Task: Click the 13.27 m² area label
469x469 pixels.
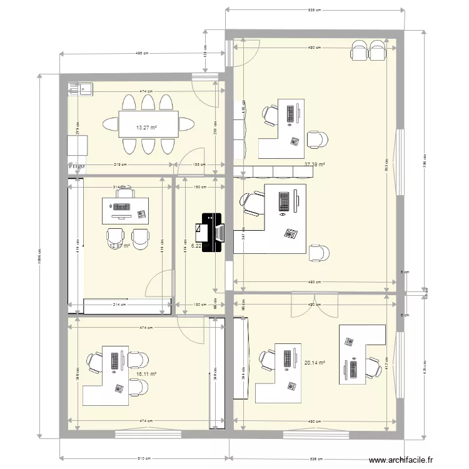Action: pos(146,128)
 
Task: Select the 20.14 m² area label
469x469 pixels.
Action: pos(315,363)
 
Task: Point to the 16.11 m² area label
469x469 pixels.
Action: pos(145,374)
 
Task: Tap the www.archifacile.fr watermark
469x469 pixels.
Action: pos(401,460)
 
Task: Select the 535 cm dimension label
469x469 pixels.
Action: pos(315,10)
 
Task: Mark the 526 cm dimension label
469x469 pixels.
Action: pos(315,458)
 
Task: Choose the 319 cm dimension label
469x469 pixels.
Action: pos(121,165)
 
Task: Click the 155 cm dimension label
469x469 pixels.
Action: pos(199,165)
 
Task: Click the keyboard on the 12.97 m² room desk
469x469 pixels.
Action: pos(123,206)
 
